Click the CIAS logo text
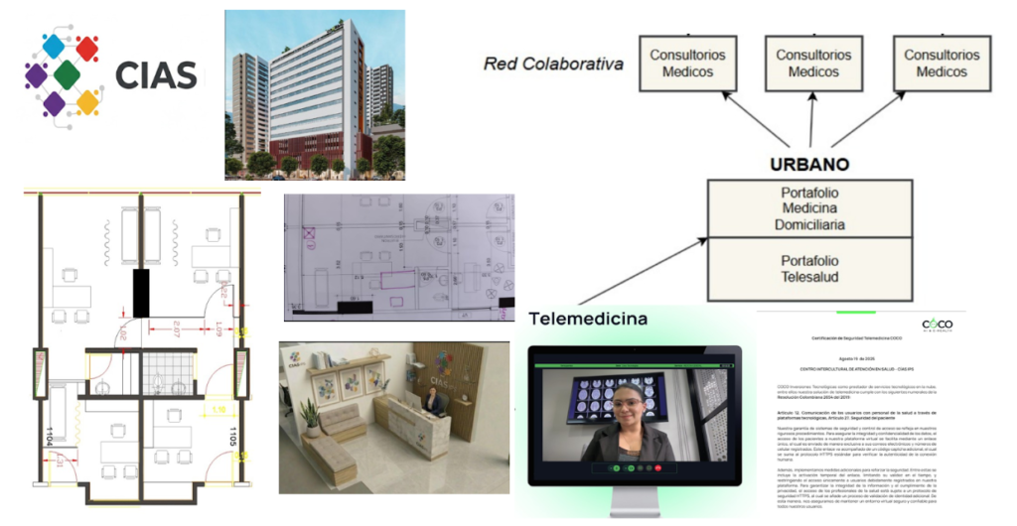tap(157, 73)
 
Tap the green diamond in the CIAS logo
tap(67, 74)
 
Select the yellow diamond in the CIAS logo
tap(88, 100)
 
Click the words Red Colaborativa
tap(553, 65)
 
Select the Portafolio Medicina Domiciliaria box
tap(808, 210)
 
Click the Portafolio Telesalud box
tap(808, 268)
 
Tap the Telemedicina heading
tap(588, 319)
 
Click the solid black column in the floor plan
tap(140, 294)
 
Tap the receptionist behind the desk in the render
tap(434, 403)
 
